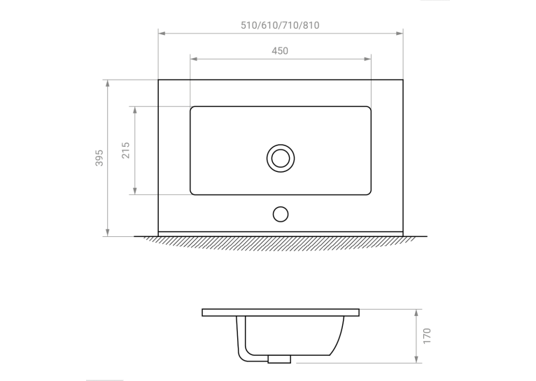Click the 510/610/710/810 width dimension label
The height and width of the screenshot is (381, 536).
280,26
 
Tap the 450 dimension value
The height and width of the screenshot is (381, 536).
280,51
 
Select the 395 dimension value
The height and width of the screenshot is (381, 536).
99,158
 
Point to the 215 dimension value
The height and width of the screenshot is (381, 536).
126,150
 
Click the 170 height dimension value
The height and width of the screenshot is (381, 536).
427,336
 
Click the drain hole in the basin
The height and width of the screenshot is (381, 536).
281,158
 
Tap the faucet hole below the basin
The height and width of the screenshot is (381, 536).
281,214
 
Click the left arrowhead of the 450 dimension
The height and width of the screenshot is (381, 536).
194,59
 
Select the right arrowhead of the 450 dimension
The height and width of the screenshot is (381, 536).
367,59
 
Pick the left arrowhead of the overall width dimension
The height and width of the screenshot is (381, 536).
162,33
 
